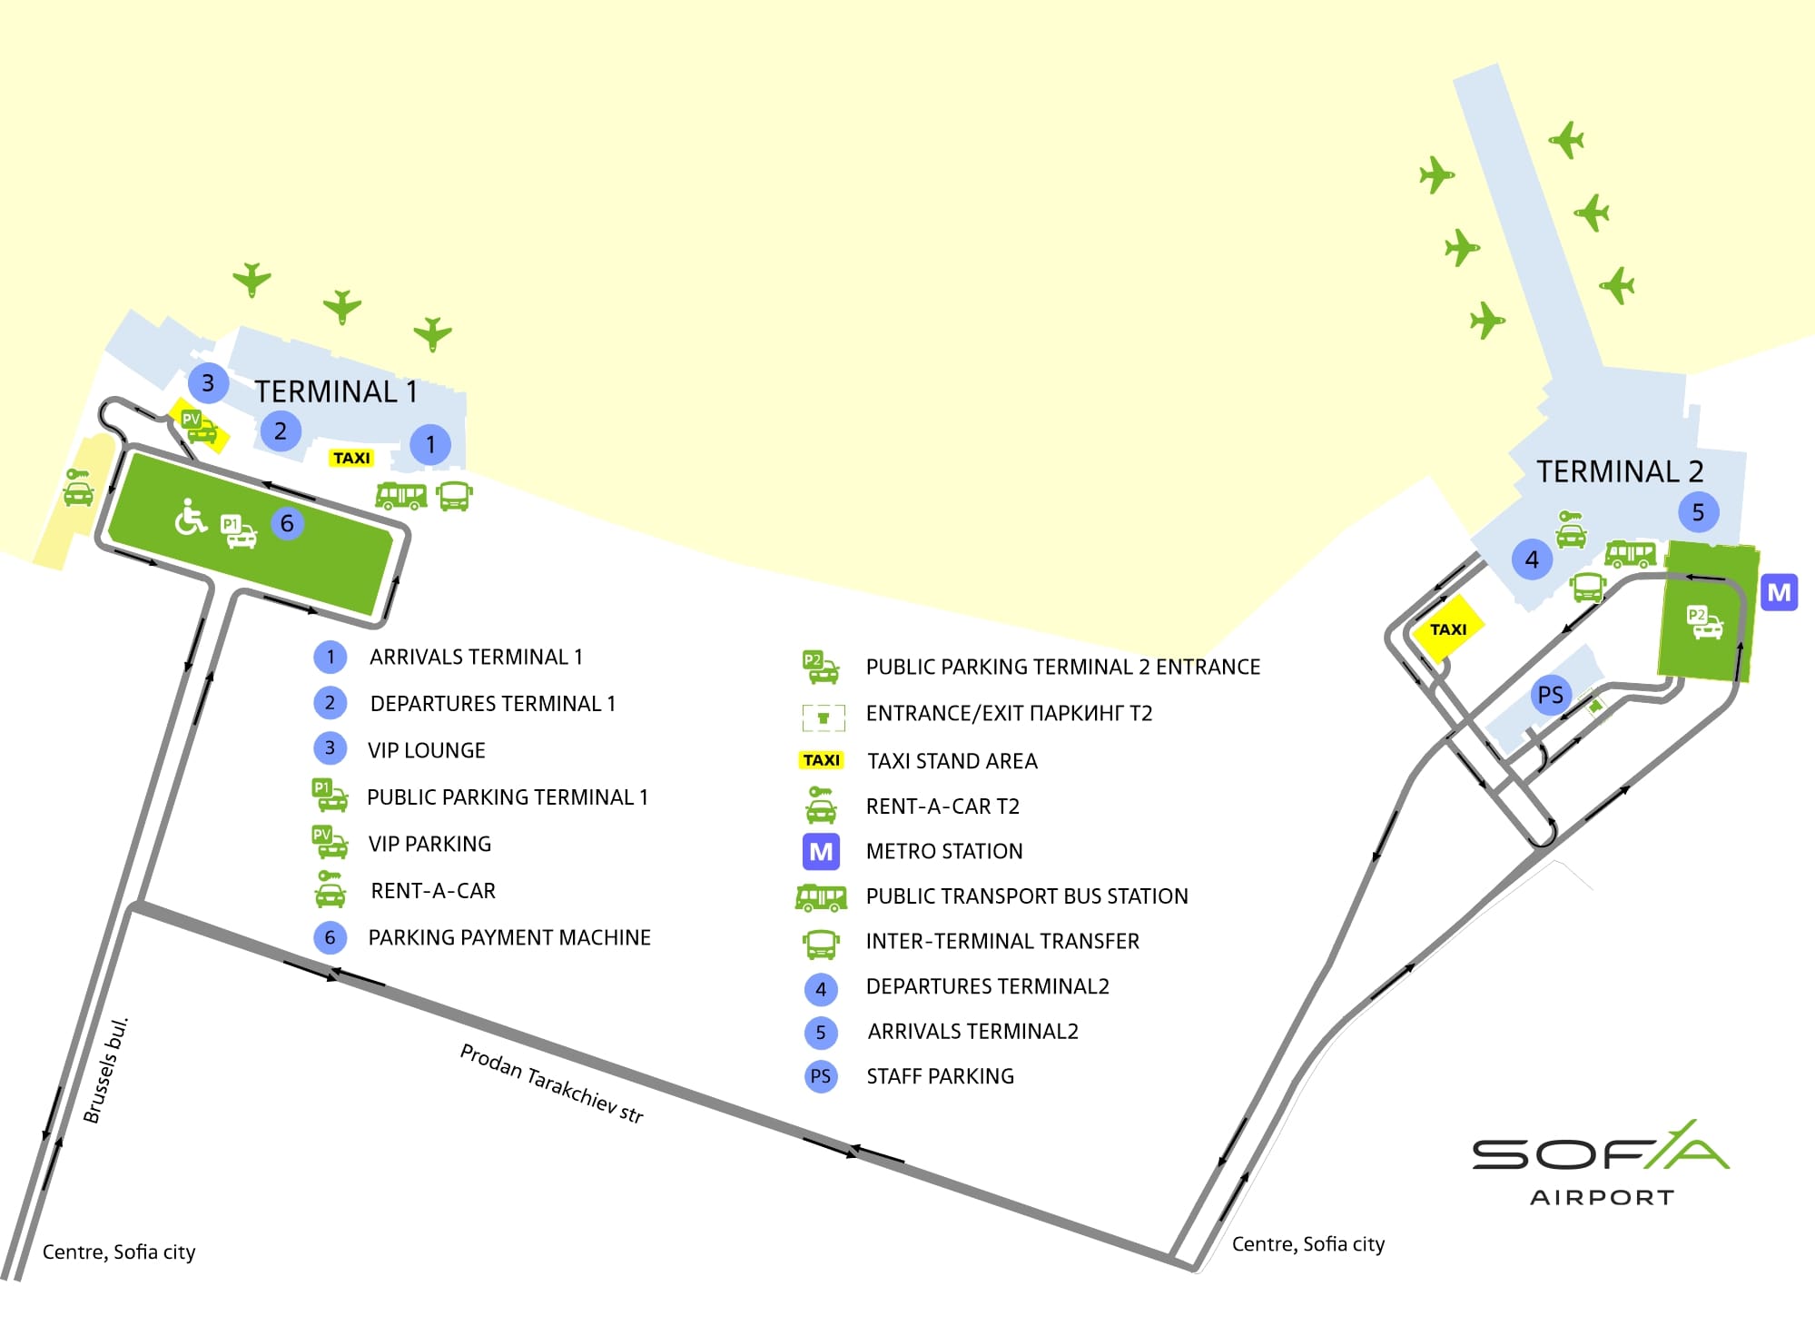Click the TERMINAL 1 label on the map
click(x=336, y=391)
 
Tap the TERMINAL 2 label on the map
click(x=1619, y=471)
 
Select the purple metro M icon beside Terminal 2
click(x=1779, y=592)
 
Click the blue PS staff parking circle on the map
click(x=1550, y=696)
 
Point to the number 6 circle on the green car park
click(x=287, y=523)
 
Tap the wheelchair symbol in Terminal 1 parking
click(x=190, y=517)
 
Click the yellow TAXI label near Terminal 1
click(x=351, y=458)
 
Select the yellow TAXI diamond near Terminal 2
click(x=1447, y=628)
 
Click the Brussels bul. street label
click(x=106, y=1070)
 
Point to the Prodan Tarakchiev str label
click(x=551, y=1083)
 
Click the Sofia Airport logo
click(x=1601, y=1163)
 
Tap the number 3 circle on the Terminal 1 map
click(x=208, y=382)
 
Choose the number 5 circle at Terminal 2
click(x=1698, y=512)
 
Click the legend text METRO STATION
click(x=944, y=851)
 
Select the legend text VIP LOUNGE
click(x=427, y=750)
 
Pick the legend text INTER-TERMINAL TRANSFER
click(x=1002, y=941)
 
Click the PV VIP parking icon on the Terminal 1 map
click(x=200, y=427)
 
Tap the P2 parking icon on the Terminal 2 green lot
click(x=1704, y=622)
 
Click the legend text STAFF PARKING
click(x=941, y=1076)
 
